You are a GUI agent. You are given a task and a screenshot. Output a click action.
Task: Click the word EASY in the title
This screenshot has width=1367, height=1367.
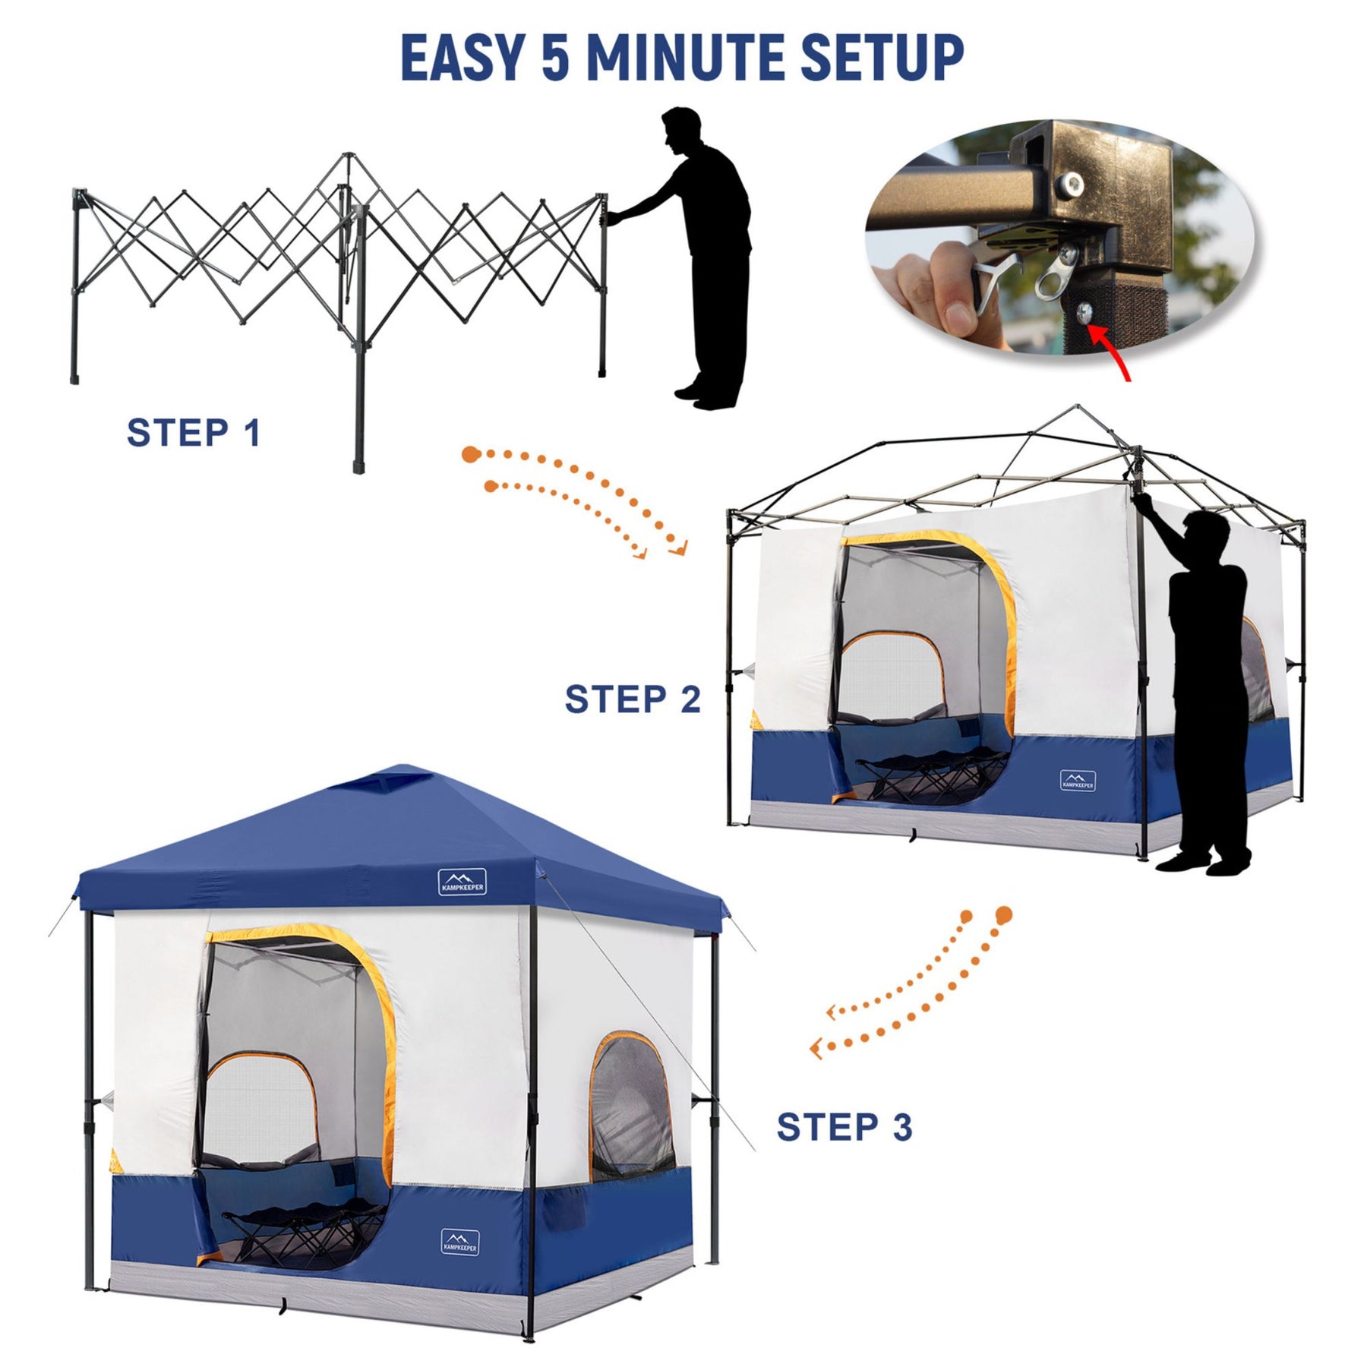click(x=462, y=58)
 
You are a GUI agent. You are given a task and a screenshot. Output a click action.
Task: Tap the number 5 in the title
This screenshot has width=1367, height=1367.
click(x=555, y=58)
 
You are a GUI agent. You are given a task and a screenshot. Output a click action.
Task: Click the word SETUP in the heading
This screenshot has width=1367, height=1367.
click(x=882, y=58)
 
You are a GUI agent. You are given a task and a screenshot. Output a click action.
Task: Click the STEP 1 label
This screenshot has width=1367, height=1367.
click(x=194, y=433)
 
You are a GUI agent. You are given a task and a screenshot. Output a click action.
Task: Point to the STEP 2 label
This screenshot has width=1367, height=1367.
click(x=633, y=699)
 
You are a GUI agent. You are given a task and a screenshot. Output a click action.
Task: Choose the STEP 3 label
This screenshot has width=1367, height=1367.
click(x=844, y=1126)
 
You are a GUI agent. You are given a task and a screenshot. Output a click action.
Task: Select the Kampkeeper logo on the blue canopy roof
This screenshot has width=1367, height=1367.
click(x=462, y=882)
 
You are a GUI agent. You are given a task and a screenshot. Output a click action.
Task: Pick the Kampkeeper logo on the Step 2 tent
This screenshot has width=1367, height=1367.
click(x=1078, y=781)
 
